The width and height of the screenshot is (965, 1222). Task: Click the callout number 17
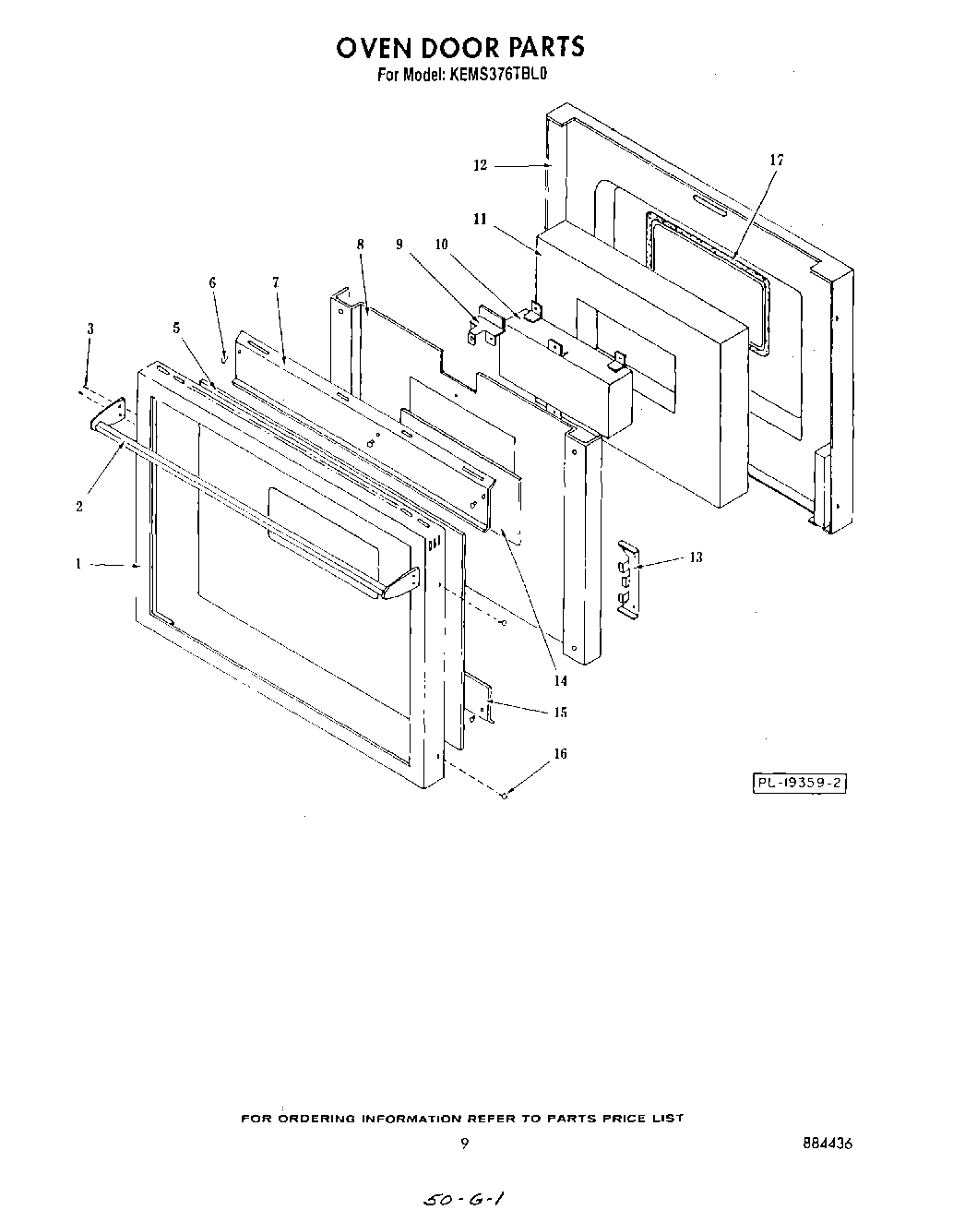(776, 161)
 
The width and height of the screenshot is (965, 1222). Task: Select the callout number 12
(480, 165)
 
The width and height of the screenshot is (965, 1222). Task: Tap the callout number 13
(695, 557)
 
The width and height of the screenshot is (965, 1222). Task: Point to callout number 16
(559, 754)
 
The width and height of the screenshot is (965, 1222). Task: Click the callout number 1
(79, 563)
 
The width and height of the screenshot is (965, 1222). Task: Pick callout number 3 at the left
(90, 329)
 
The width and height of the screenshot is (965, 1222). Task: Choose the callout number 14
(559, 681)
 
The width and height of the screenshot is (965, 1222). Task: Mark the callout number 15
(560, 713)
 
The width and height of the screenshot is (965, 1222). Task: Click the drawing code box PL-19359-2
(800, 784)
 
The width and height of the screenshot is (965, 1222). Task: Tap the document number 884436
(828, 1143)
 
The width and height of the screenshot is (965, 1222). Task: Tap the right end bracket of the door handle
(402, 582)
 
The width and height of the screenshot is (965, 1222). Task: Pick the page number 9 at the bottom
(464, 1143)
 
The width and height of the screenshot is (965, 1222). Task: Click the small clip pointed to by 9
(484, 327)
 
